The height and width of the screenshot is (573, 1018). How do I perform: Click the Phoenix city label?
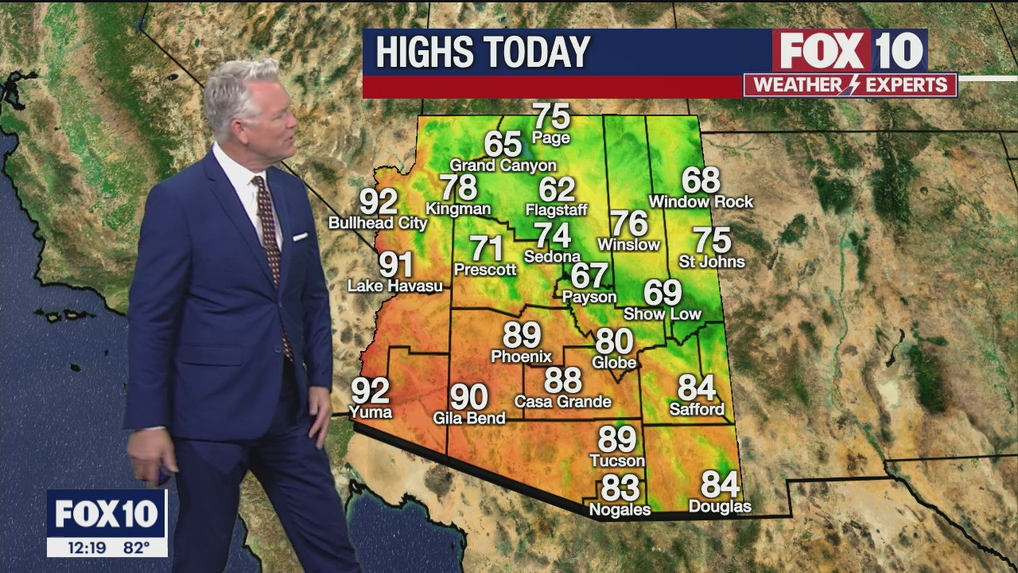tap(521, 357)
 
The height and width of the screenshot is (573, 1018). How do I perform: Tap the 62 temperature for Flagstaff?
tap(557, 189)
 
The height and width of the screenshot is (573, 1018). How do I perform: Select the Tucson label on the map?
tap(617, 461)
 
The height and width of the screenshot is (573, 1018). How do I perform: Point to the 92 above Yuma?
tap(371, 391)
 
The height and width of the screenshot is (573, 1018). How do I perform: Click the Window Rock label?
tap(701, 202)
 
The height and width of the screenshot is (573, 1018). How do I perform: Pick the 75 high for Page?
tap(551, 116)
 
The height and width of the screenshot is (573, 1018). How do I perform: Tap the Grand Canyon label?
tap(503, 166)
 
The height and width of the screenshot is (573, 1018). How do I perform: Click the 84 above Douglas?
tap(720, 484)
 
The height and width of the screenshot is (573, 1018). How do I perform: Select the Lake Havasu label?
tap(395, 286)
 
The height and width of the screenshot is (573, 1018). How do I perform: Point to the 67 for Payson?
tap(589, 275)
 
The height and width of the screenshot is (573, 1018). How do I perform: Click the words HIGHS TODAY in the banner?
tap(483, 53)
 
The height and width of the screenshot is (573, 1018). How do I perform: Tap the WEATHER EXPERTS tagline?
tap(850, 85)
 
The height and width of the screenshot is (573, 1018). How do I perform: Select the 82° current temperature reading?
tap(136, 548)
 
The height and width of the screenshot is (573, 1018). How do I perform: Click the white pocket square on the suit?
tap(300, 236)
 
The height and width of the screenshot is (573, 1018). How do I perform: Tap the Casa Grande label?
tap(562, 402)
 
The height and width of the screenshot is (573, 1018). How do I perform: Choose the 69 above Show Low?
tap(662, 293)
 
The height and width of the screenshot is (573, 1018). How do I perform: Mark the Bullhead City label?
tap(378, 224)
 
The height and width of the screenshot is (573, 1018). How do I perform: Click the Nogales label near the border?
tap(620, 509)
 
